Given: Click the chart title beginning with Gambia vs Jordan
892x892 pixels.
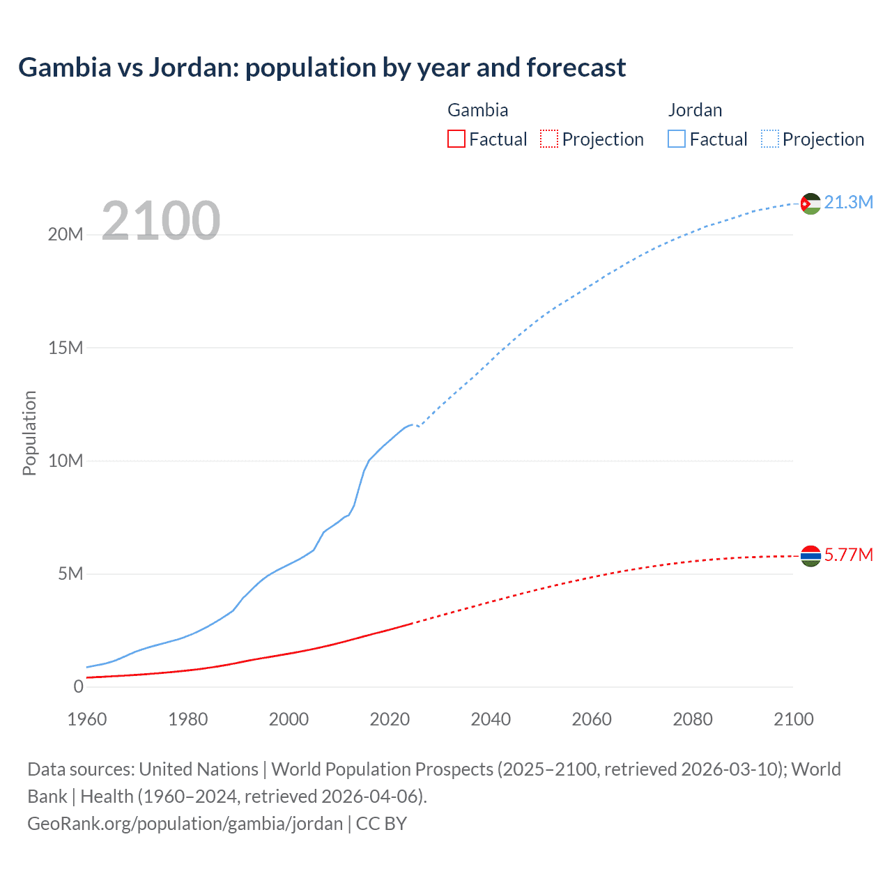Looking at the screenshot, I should pyautogui.click(x=322, y=68).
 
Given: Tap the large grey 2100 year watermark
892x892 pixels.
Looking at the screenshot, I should pyautogui.click(x=161, y=221).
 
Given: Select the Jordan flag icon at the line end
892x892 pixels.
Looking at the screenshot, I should pyautogui.click(x=810, y=203).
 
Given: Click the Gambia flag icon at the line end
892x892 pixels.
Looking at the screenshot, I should pyautogui.click(x=810, y=555).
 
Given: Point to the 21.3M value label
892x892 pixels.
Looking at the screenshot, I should pyautogui.click(x=848, y=203).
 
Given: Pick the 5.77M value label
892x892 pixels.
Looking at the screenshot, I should pyautogui.click(x=848, y=555).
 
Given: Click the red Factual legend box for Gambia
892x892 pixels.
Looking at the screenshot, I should pyautogui.click(x=456, y=139).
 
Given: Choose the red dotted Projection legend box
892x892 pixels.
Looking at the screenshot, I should pyautogui.click(x=549, y=139).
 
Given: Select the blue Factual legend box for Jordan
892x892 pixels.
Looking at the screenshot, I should pyautogui.click(x=677, y=139).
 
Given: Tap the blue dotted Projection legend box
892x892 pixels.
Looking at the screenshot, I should pyautogui.click(x=770, y=139).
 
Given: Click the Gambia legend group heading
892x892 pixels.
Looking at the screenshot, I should pyautogui.click(x=477, y=110).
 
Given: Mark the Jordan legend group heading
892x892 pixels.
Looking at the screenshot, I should pyautogui.click(x=695, y=110).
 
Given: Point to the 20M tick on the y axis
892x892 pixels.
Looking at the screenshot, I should pyautogui.click(x=66, y=235).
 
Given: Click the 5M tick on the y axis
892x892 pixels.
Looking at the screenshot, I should pyautogui.click(x=70, y=574).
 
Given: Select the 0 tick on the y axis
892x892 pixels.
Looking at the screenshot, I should pyautogui.click(x=78, y=686).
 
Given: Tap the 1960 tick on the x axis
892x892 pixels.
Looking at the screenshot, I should pyautogui.click(x=87, y=719).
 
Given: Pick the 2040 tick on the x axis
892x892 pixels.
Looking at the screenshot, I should pyautogui.click(x=491, y=719).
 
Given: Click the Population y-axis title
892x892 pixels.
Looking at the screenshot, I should pyautogui.click(x=29, y=433).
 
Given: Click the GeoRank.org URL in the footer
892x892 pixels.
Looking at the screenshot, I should pyautogui.click(x=185, y=824).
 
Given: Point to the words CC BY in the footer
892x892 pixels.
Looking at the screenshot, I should pyautogui.click(x=381, y=824).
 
